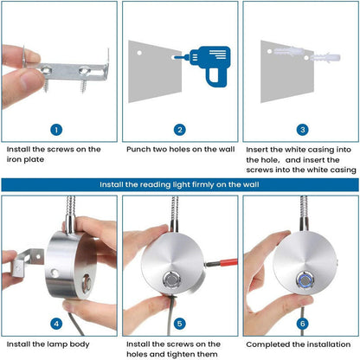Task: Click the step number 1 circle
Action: tap(56, 130)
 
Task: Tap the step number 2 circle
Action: tap(180, 130)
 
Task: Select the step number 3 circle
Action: tap(303, 130)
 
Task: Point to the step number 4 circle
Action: tap(56, 324)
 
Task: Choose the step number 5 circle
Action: tap(180, 324)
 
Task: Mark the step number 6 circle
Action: tap(303, 324)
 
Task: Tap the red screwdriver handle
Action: tap(228, 263)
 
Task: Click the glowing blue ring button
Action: tap(305, 280)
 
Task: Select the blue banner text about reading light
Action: tap(179, 184)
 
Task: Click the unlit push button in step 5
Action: tap(172, 280)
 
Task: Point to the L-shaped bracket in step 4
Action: tap(28, 261)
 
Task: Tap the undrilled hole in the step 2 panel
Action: tap(139, 53)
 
